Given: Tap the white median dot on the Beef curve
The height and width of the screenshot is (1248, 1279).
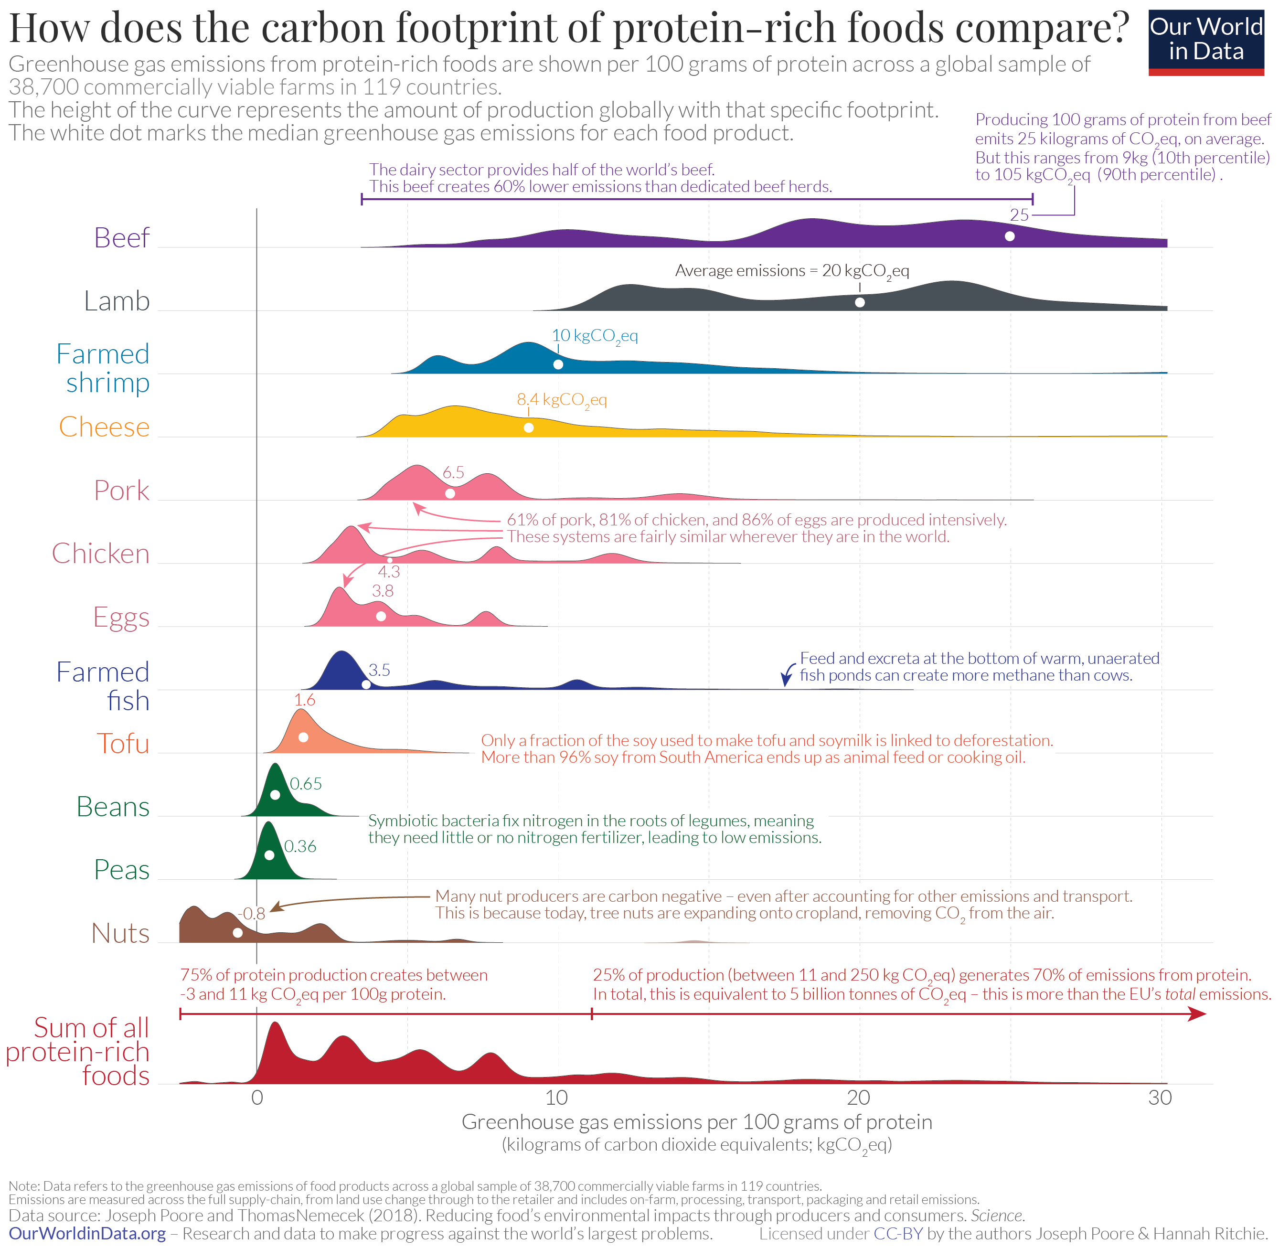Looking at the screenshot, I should coord(1010,236).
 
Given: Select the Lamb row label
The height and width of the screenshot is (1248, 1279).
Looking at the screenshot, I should coord(117,301).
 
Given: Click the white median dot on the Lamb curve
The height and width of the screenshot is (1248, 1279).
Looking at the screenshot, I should coord(860,302).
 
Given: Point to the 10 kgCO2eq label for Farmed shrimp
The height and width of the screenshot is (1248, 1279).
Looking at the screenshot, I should coord(594,336).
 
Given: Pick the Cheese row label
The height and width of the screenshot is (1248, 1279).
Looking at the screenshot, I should coord(104,427).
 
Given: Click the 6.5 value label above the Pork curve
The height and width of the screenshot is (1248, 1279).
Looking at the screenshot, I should coord(453,472).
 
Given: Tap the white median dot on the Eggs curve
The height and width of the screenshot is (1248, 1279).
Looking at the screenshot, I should coord(381,616).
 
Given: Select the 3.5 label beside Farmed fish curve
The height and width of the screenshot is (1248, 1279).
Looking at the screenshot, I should coord(379,670).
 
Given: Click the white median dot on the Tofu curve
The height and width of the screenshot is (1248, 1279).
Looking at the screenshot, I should coord(303,737).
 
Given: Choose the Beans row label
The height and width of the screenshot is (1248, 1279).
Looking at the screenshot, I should coord(113,806).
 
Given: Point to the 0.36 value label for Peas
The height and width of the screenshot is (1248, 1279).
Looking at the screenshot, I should coord(300,846).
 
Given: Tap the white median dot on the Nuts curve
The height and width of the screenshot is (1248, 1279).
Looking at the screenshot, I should coord(238,932).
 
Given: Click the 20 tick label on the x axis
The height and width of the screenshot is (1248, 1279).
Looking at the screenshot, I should coord(858,1097).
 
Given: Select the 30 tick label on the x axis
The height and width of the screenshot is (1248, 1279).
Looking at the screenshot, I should coord(1160,1097).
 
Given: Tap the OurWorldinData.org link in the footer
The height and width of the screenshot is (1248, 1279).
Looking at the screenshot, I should coord(87,1233).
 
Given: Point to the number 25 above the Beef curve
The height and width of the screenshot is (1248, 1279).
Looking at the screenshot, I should coord(1019,214).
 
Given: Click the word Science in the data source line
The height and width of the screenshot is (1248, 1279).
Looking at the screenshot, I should coord(996,1215).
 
